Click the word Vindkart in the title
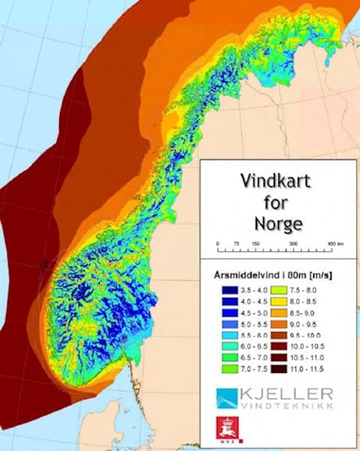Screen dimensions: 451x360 coord(276,181)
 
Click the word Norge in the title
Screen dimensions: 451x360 coord(276,223)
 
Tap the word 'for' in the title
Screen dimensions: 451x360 coord(276,202)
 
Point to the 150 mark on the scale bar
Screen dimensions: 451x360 coord(255,245)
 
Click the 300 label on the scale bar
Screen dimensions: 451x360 coord(293,245)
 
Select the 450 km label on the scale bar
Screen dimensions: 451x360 coord(334,245)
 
